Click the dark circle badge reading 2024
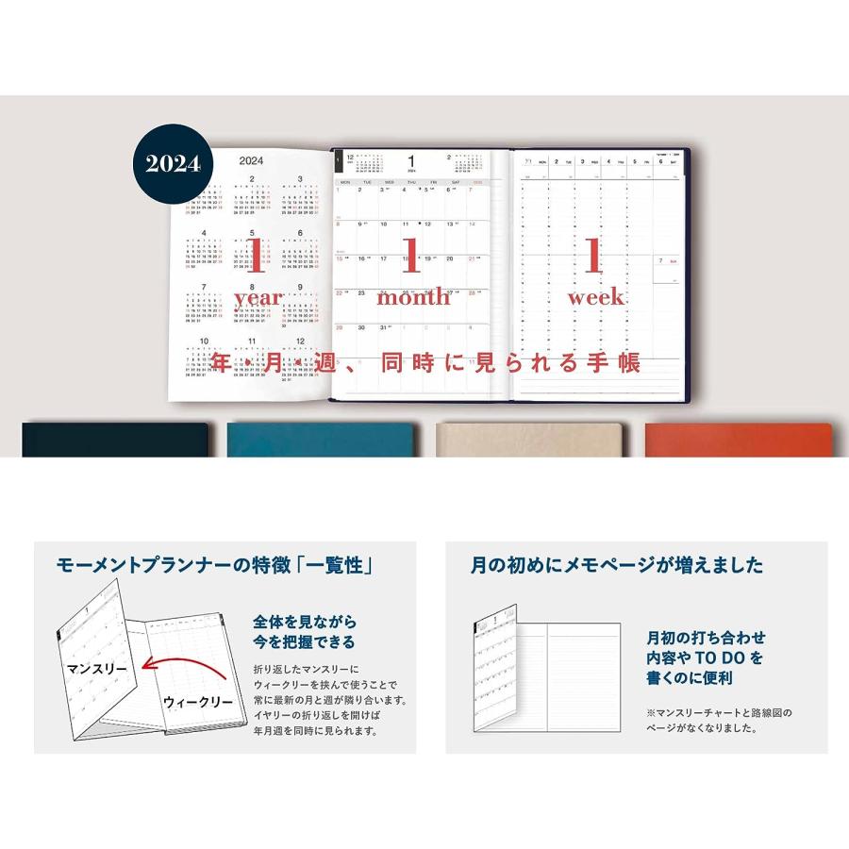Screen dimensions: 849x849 pyautogui.click(x=173, y=163)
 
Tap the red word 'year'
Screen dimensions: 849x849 pyautogui.click(x=258, y=297)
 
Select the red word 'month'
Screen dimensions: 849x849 pyautogui.click(x=414, y=297)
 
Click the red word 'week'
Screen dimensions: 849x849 pyautogui.click(x=595, y=297)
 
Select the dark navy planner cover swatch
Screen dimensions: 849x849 pyautogui.click(x=114, y=440)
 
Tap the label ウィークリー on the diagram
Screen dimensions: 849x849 pyautogui.click(x=197, y=703)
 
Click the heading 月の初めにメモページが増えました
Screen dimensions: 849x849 pyautogui.click(x=617, y=566)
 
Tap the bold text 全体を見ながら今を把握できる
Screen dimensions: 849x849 pyautogui.click(x=304, y=632)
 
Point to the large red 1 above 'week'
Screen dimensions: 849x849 pyautogui.click(x=593, y=256)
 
